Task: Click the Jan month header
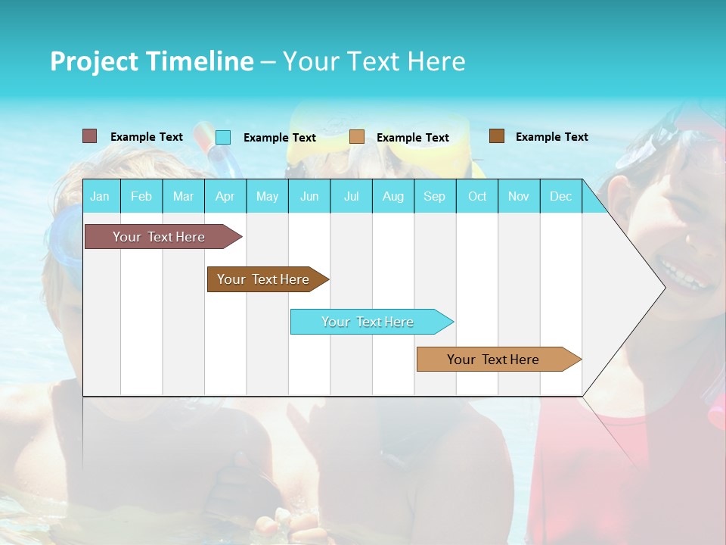100,196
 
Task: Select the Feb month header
141,196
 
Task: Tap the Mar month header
183,196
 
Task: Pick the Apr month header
225,196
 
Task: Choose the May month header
267,196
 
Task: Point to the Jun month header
309,196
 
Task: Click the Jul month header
351,196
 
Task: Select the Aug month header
393,196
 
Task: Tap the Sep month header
435,196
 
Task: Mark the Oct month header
477,196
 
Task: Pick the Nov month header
519,196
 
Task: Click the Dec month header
561,196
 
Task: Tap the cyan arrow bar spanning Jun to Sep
368,322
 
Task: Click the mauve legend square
90,136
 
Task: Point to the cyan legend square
223,137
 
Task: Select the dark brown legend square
497,136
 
